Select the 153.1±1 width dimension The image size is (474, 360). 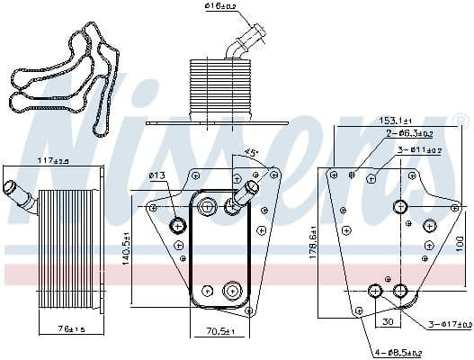click(395, 121)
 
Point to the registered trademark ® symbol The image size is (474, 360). click(461, 120)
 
